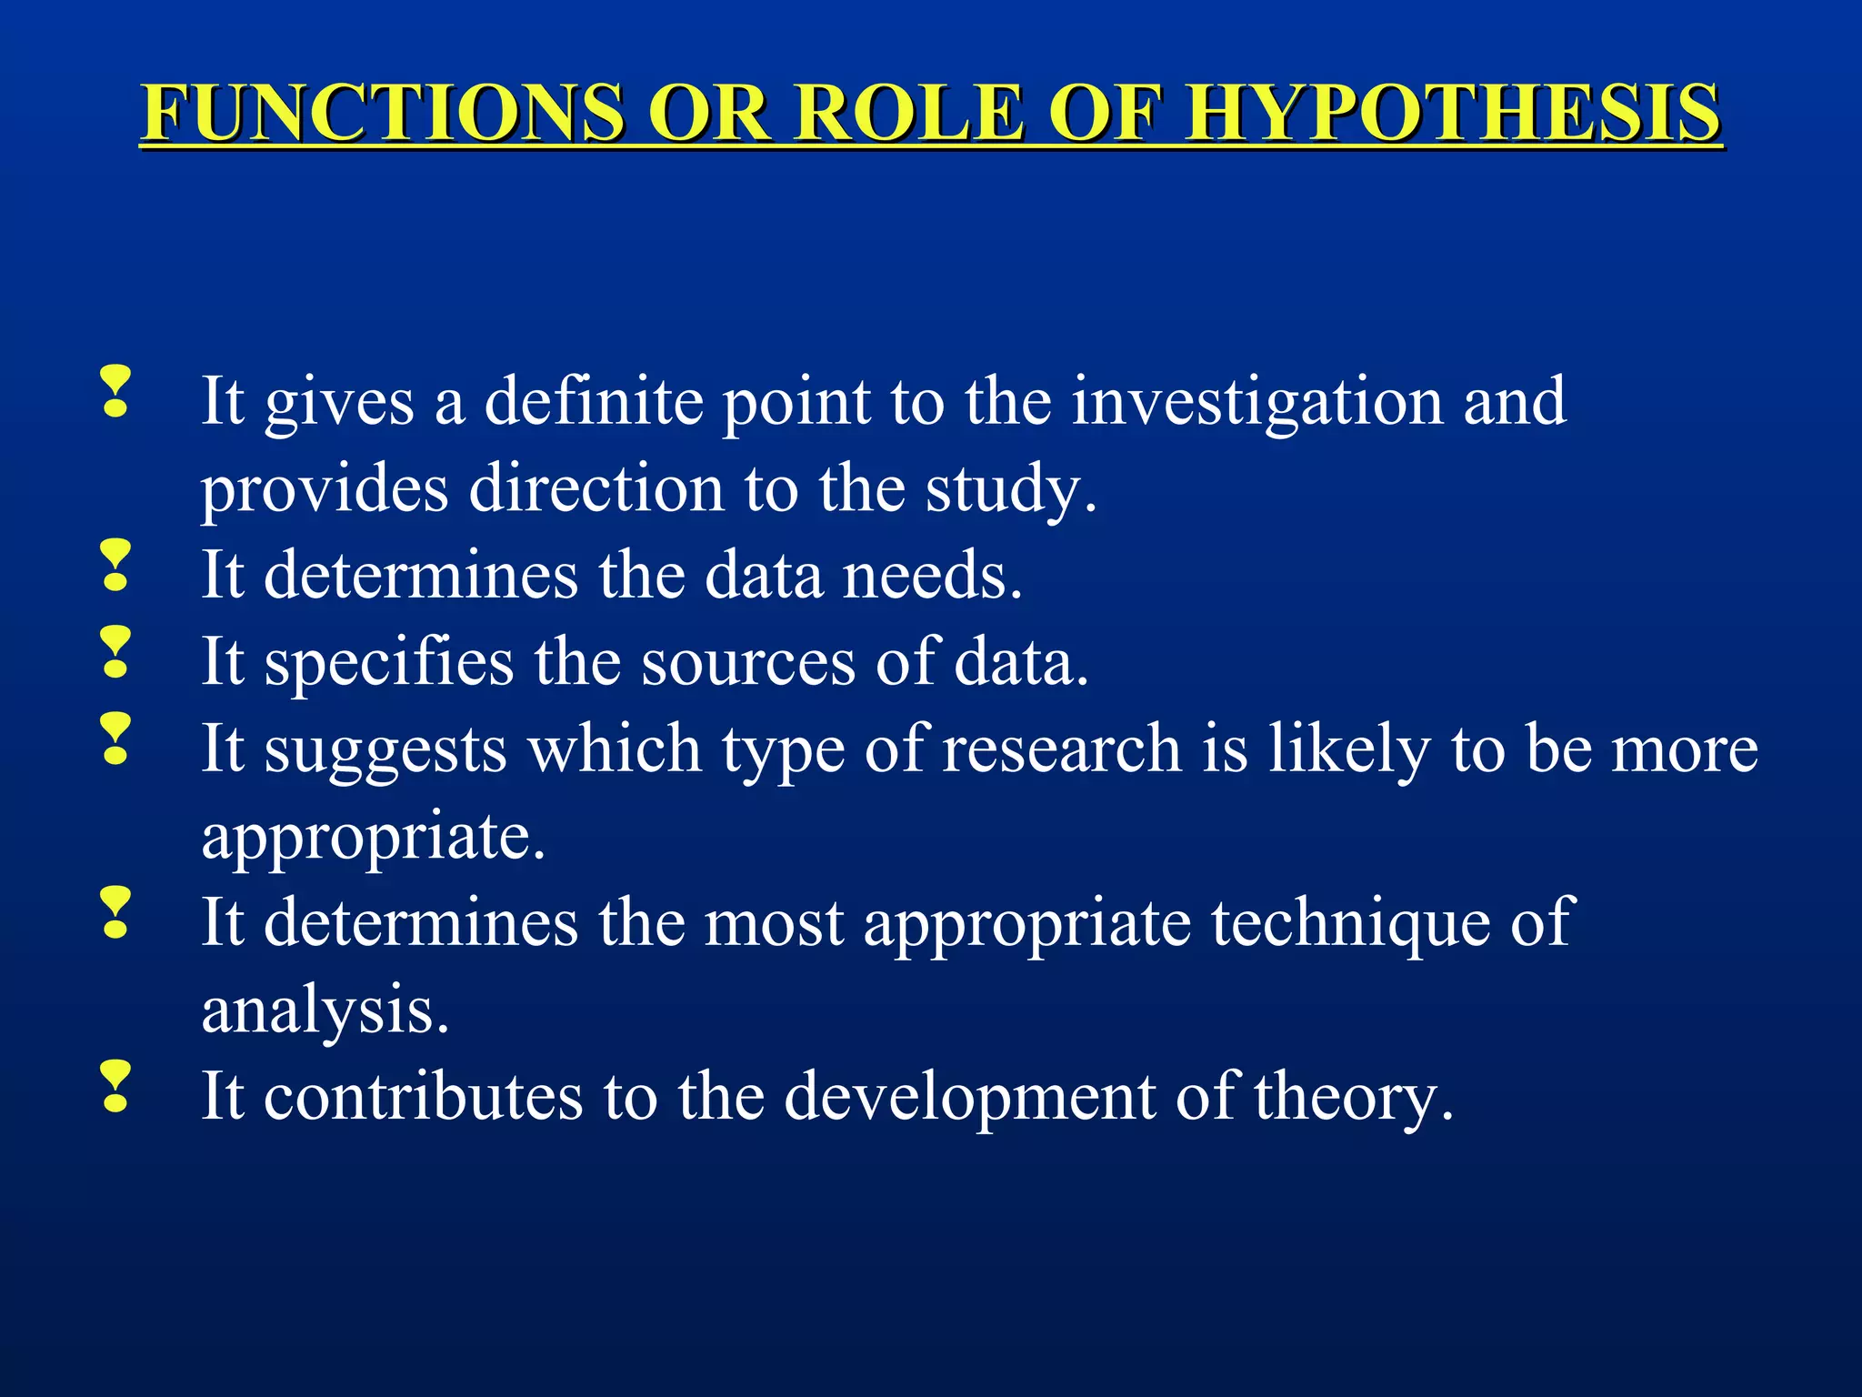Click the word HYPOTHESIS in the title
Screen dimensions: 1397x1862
click(1452, 113)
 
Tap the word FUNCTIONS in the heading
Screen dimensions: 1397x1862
click(383, 113)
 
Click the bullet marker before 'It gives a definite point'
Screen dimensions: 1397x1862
click(115, 392)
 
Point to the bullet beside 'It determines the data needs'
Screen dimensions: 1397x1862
click(115, 566)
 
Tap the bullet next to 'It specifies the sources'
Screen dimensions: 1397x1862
click(115, 652)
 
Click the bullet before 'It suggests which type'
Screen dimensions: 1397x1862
click(115, 739)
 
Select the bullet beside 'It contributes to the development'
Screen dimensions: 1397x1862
click(115, 1087)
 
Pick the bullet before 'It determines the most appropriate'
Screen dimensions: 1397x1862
click(115, 913)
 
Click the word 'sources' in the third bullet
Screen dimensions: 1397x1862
click(748, 662)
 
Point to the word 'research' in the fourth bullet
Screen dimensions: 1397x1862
click(1061, 749)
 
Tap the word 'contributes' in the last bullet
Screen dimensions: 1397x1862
click(423, 1097)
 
